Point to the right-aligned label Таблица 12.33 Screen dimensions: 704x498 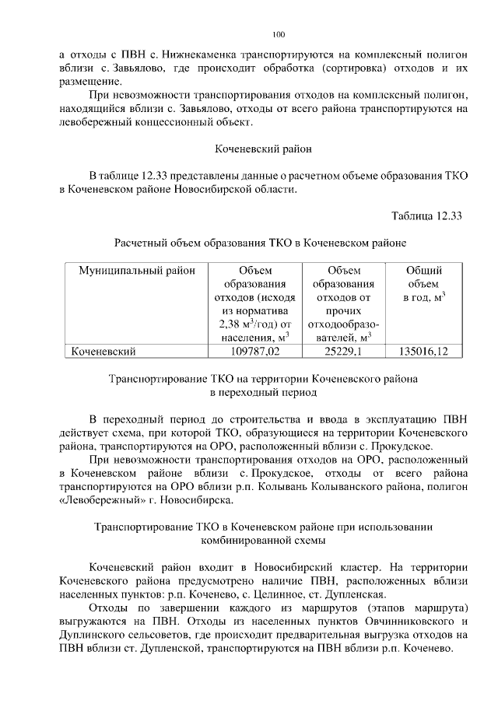coord(426,215)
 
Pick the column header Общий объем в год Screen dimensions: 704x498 coord(425,284)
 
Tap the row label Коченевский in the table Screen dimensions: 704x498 coord(104,352)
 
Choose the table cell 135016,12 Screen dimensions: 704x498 coord(425,352)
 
